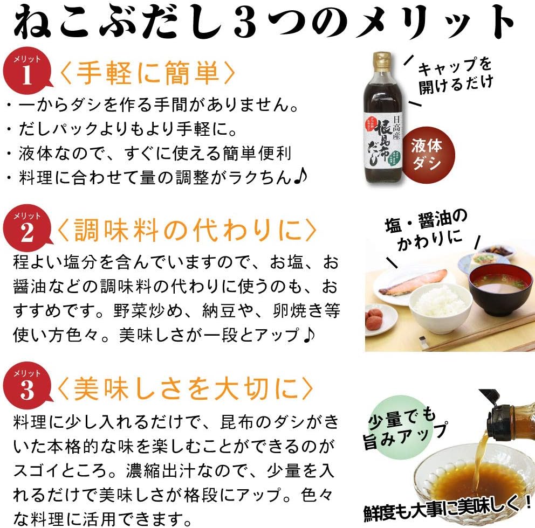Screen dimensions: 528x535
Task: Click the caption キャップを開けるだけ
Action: pyautogui.click(x=456, y=75)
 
